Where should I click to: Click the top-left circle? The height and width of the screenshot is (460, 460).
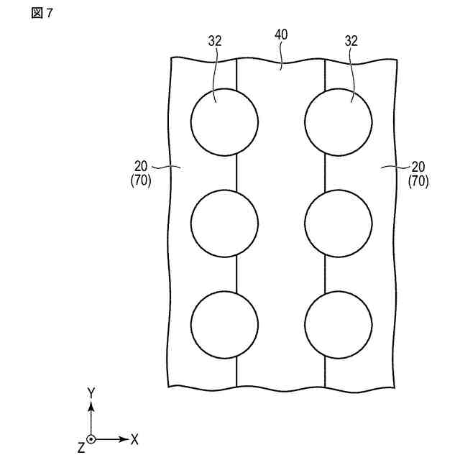point(224,121)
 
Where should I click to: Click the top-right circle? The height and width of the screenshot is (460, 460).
point(339,121)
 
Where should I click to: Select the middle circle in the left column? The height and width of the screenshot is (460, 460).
point(224,224)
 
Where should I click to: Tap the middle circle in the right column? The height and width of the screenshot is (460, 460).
point(339,224)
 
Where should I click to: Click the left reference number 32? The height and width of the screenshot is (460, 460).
point(216,42)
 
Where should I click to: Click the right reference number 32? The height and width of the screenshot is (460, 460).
point(351,42)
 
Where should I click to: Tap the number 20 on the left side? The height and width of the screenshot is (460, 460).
point(142,167)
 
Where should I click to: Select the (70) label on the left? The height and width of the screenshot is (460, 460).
point(141,182)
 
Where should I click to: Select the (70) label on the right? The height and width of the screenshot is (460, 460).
point(418,182)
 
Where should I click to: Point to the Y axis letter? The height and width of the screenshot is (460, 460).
point(91,392)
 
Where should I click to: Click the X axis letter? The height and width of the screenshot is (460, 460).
point(134,438)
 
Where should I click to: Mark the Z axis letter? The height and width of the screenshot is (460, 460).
point(80,447)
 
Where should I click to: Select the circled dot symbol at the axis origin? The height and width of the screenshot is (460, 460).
point(91,438)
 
